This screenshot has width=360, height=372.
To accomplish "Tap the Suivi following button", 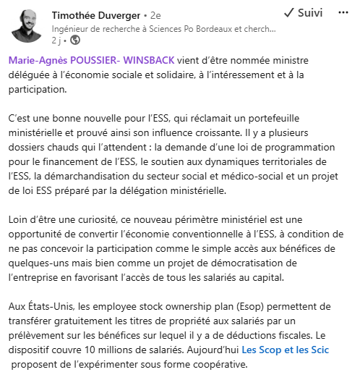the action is [303, 13].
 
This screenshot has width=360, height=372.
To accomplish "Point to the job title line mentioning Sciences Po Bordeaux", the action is [164, 28].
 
